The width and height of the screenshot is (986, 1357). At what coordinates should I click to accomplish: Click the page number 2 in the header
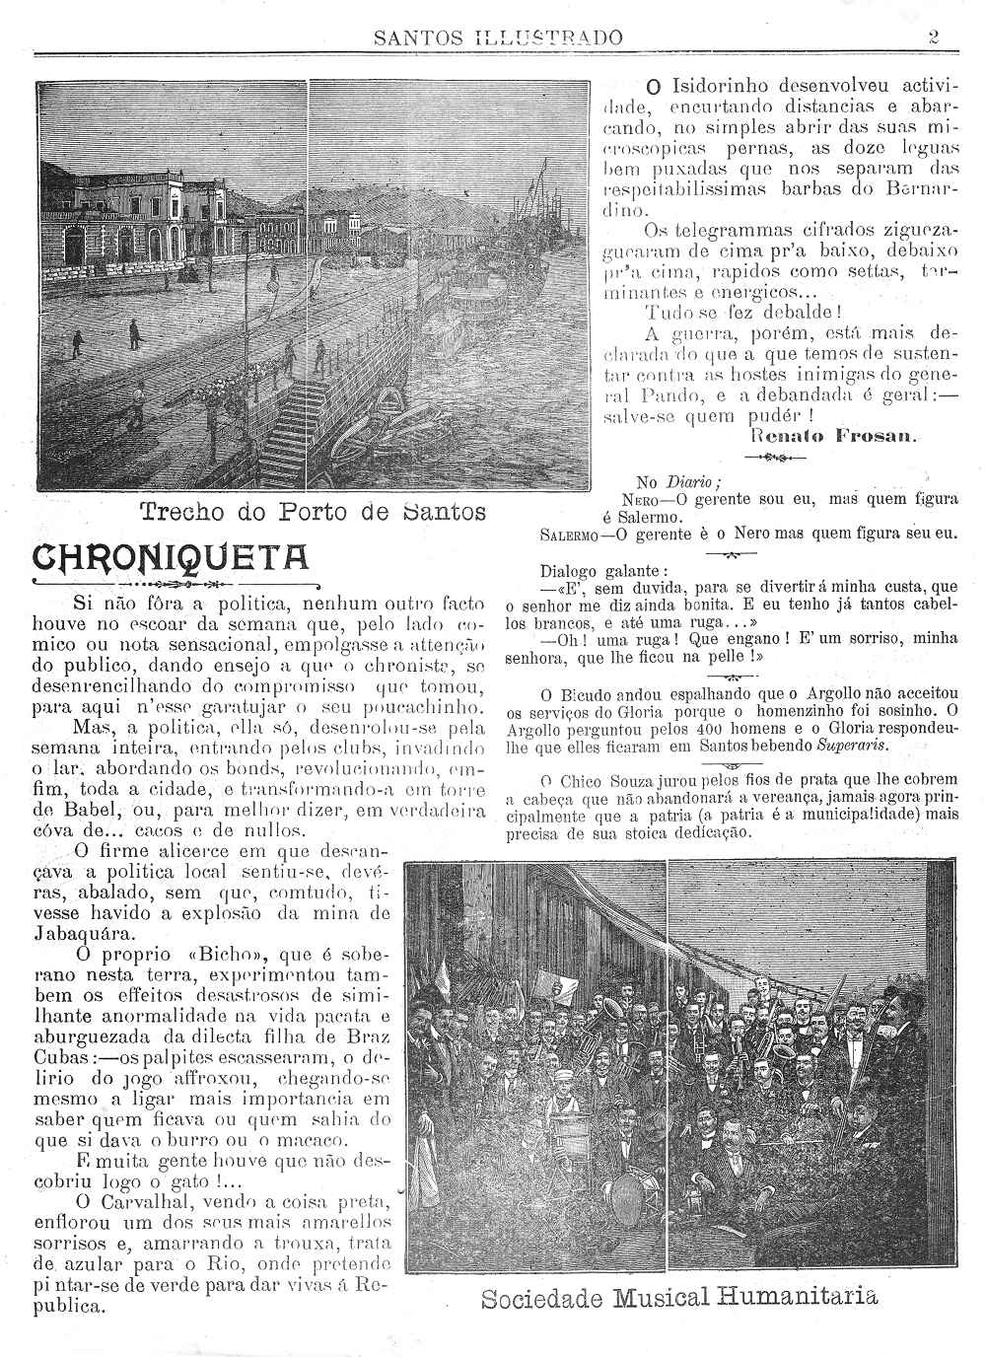pos(932,37)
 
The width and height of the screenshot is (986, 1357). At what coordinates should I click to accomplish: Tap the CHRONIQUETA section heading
pos(172,558)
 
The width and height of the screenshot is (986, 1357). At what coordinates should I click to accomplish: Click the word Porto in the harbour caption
pos(315,513)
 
